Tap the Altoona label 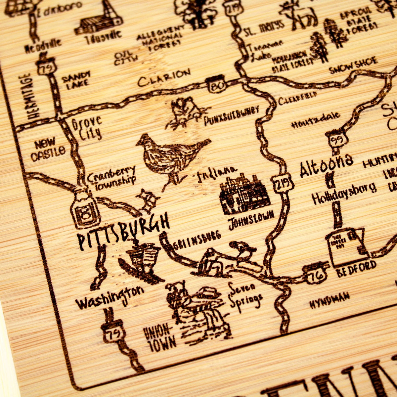point(326,165)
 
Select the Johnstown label point(251,219)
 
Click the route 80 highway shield point(215,84)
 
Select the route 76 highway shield point(315,273)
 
